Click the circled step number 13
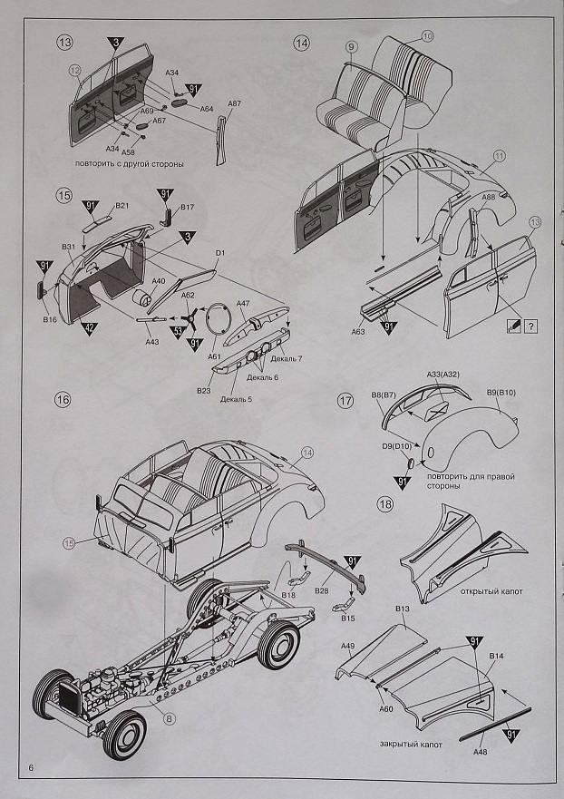[64, 43]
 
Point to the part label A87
[234, 104]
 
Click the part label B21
[122, 207]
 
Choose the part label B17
[188, 208]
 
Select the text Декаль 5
[235, 399]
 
